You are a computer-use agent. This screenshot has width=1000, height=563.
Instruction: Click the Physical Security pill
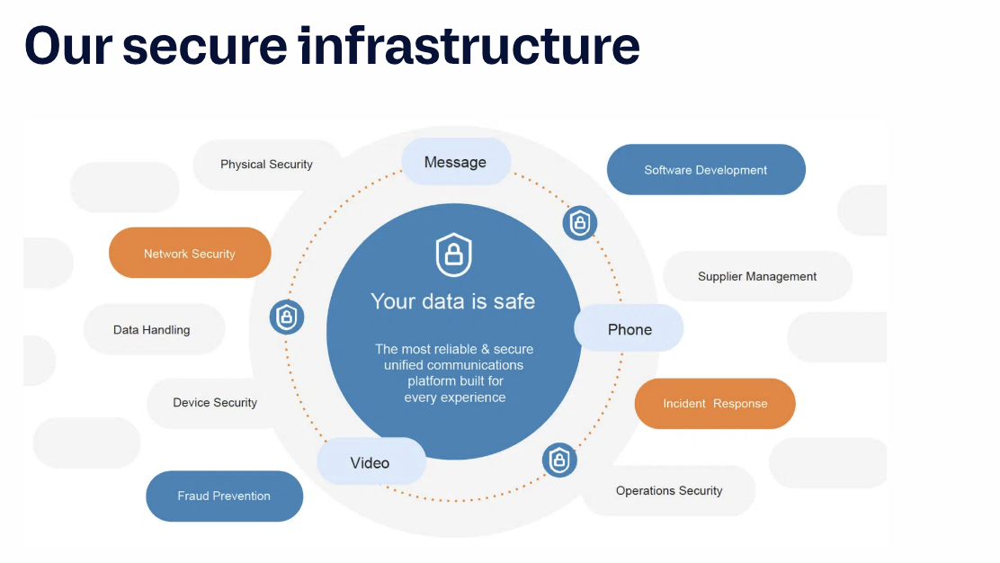(267, 165)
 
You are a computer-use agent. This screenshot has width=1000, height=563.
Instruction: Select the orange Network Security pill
(190, 254)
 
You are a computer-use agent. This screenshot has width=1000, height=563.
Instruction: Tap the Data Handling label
(152, 330)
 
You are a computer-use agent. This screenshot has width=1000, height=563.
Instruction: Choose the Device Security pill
(215, 403)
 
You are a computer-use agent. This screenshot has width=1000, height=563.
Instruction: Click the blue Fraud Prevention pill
(224, 496)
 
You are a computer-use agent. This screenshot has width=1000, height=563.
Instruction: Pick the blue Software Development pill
(706, 170)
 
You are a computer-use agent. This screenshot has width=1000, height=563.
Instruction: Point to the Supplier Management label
(757, 276)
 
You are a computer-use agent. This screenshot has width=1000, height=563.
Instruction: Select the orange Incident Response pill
(715, 404)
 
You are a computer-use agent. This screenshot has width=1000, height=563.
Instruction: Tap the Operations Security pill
(669, 491)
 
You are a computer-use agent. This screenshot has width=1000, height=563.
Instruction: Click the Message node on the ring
(455, 162)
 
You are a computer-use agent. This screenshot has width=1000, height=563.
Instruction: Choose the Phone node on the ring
(629, 329)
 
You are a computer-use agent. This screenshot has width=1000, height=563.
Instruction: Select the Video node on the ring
(370, 462)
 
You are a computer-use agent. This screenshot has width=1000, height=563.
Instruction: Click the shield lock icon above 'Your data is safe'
(454, 255)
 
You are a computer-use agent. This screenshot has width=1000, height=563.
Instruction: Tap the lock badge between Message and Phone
(580, 222)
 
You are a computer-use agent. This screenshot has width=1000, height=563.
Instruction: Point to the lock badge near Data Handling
(287, 317)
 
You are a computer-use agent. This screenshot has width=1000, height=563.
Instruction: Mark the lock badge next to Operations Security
(559, 460)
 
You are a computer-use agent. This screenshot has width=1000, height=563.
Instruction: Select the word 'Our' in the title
(67, 44)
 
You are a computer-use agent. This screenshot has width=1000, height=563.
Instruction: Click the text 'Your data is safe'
(453, 301)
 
